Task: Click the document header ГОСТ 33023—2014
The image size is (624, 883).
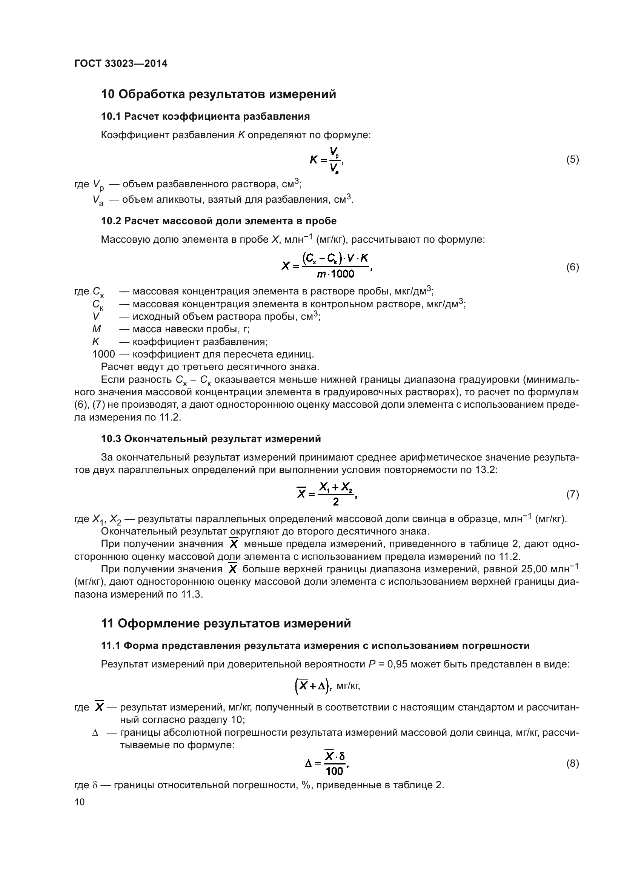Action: coord(121,64)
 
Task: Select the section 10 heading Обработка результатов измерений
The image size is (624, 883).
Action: coord(218,94)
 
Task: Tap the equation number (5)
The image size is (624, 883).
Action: coord(573,160)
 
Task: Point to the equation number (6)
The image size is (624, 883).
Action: coord(573,267)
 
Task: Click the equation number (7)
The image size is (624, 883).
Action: coord(573,494)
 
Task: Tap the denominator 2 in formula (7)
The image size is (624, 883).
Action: coord(335,501)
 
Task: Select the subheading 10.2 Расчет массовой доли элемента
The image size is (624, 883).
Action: coord(219,221)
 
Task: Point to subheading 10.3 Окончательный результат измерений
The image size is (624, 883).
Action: coord(211,439)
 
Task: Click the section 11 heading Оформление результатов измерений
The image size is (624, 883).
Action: coord(226,623)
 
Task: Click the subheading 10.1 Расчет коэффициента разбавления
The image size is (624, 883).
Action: coord(205,117)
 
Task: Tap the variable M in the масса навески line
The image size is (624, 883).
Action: coord(97,329)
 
